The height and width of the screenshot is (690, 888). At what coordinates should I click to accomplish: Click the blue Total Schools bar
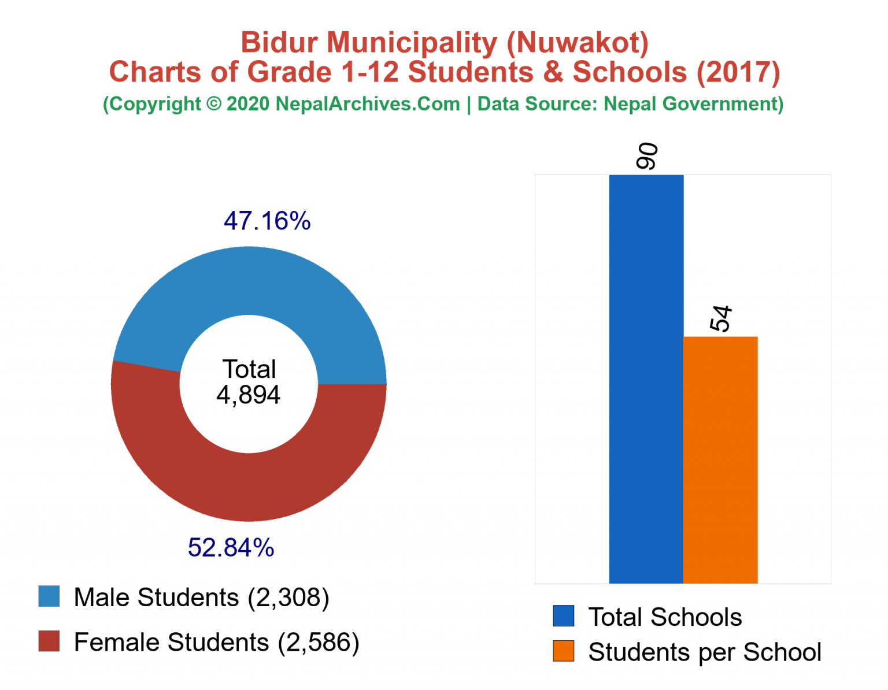(646, 379)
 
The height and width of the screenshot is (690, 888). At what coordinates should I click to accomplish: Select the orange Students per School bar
(720, 459)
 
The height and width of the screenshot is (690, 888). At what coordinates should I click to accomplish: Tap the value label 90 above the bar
(647, 156)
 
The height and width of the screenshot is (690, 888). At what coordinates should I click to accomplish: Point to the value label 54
(721, 318)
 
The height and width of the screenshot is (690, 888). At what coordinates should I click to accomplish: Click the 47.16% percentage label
(267, 221)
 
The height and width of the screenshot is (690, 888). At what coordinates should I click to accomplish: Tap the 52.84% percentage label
(231, 547)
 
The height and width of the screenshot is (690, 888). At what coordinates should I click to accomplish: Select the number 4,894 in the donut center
(249, 395)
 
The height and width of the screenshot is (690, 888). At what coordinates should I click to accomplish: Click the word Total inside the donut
(249, 369)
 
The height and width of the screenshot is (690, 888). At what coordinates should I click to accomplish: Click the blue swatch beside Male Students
(49, 596)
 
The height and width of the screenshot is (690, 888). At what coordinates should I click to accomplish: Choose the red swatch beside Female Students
(49, 641)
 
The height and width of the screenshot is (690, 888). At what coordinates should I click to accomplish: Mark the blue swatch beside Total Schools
(563, 616)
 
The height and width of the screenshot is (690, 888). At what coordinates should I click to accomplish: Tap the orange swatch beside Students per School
(563, 651)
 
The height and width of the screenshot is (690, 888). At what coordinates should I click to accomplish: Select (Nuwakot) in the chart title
(578, 43)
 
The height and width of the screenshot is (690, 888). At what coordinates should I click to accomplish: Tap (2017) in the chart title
(738, 72)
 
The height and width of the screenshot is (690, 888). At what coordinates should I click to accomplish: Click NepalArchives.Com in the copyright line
(368, 104)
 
